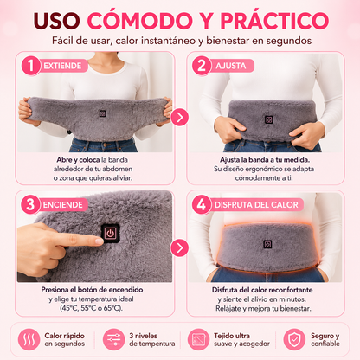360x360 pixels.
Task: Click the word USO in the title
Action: coord(56,21)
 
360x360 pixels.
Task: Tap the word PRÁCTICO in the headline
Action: coord(274,20)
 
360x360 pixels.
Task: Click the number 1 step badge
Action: coord(30,66)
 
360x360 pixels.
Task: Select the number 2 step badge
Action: coord(202,66)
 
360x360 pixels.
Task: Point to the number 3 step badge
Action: coord(30,204)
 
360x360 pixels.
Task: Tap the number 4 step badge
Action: coord(202,204)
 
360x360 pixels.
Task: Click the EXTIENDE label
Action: coord(62,66)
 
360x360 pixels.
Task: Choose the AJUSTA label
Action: coord(231,66)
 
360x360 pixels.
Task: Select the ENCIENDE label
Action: coord(62,205)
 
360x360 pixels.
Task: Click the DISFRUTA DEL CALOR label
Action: coord(256,205)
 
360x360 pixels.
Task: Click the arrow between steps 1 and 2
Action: coord(179,117)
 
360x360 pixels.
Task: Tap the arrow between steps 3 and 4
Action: coord(179,247)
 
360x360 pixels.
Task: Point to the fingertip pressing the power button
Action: coord(99,241)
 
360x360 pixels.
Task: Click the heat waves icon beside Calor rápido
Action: coord(29,339)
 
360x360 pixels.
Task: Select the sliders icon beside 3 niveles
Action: coord(113,339)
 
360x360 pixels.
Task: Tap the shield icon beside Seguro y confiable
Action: coord(294,339)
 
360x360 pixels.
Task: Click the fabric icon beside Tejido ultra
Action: coord(198,339)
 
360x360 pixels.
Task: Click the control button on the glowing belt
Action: coord(268,244)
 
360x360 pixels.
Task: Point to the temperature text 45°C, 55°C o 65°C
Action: coord(91,308)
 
